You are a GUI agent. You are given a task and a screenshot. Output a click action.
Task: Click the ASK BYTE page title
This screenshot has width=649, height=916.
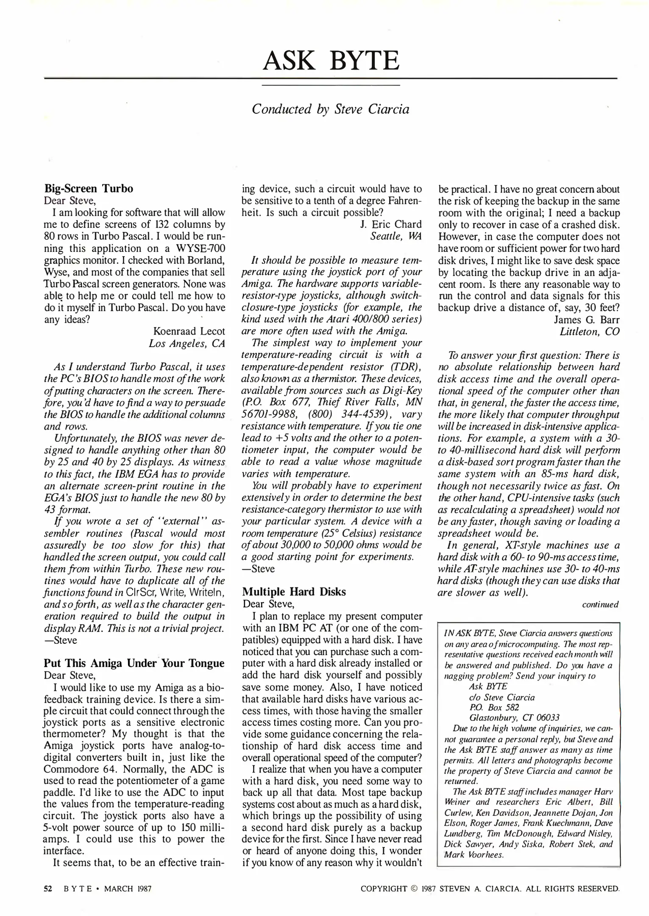pos(331,61)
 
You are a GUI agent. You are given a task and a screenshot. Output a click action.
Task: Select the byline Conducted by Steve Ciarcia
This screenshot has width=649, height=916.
pos(331,109)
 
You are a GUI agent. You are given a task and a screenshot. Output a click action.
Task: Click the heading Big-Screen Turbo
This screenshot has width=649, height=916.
pos(89,189)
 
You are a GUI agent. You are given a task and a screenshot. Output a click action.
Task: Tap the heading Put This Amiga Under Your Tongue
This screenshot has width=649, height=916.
pos(134,663)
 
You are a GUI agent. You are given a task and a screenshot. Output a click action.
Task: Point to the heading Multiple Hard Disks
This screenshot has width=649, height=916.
pos(294,592)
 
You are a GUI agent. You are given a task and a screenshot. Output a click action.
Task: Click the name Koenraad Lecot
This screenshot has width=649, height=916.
pos(189,331)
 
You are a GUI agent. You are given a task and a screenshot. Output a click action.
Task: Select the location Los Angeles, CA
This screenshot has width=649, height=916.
pos(187,343)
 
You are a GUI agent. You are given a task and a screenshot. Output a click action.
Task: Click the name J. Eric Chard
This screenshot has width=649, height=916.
pos(389,224)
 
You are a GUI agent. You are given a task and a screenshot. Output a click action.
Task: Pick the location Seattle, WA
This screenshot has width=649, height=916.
pos(396,236)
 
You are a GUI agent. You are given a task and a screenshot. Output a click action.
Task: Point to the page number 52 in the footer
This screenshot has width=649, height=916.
pos(48,888)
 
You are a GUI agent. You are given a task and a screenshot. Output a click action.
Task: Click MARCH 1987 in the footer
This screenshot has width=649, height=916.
pos(128,888)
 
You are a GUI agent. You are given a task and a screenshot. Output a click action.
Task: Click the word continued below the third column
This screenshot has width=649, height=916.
pos(600,604)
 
